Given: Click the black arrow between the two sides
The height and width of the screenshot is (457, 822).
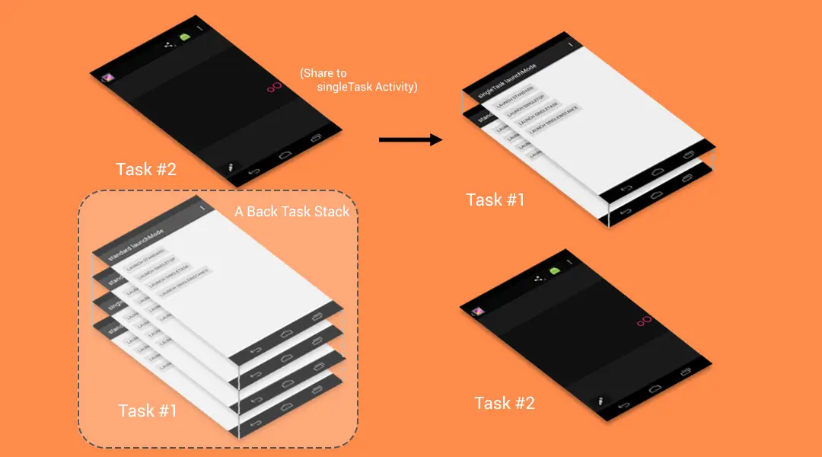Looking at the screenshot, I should [x=410, y=139].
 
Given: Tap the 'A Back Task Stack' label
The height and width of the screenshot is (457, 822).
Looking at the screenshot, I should [x=292, y=211].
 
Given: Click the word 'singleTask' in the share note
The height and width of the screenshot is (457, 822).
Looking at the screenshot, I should [x=346, y=87].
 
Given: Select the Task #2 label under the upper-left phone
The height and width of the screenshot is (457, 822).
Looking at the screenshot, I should [x=145, y=169].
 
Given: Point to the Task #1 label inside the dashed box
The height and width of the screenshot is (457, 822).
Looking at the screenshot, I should [x=148, y=411].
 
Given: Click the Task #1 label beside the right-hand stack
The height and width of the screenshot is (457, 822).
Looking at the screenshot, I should [x=495, y=200].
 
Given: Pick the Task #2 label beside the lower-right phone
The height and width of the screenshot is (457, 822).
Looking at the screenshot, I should [x=505, y=403].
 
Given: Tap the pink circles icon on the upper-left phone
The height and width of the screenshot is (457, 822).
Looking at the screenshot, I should [x=274, y=88].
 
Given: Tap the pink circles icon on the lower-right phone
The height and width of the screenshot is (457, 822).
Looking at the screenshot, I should [x=645, y=321].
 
